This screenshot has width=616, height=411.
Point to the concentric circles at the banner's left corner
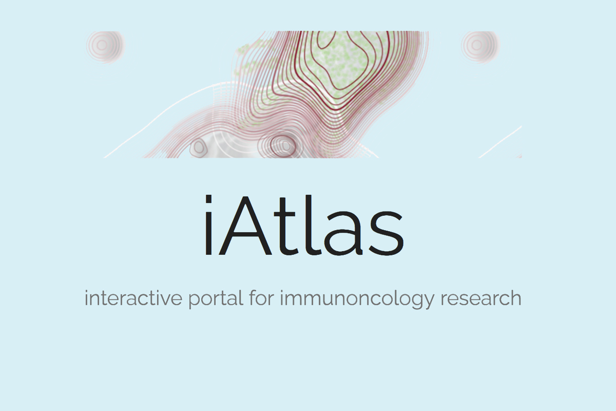click(x=104, y=45)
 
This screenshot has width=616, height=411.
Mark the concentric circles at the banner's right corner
click(x=479, y=45)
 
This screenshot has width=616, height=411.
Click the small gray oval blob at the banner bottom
click(x=198, y=148)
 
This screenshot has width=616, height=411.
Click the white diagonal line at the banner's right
click(x=500, y=141)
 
